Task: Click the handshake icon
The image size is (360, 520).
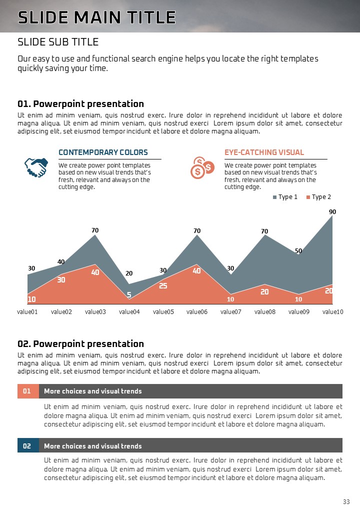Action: tap(36, 167)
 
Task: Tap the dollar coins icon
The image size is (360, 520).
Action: tap(202, 167)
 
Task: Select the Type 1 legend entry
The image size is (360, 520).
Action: tap(285, 197)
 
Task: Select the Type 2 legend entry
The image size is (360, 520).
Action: tap(318, 197)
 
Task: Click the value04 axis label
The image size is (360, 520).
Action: tap(129, 311)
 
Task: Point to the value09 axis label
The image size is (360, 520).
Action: tap(299, 311)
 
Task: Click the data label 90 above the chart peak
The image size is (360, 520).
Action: tap(332, 212)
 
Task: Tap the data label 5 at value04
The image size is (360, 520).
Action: tap(129, 295)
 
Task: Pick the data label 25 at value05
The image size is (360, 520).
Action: tap(163, 286)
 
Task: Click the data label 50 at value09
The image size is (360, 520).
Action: tap(298, 250)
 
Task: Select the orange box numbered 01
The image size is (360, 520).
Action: tap(27, 391)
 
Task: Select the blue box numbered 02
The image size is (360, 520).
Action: tap(27, 445)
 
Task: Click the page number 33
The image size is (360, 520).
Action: tap(346, 501)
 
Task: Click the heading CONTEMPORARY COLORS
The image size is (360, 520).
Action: tap(103, 152)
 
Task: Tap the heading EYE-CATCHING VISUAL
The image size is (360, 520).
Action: tap(264, 152)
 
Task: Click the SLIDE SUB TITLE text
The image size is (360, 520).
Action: tap(58, 41)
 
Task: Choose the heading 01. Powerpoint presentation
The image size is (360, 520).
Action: tap(80, 104)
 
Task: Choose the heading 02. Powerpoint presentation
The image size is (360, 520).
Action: tap(80, 343)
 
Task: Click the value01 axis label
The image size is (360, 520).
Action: tap(27, 311)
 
